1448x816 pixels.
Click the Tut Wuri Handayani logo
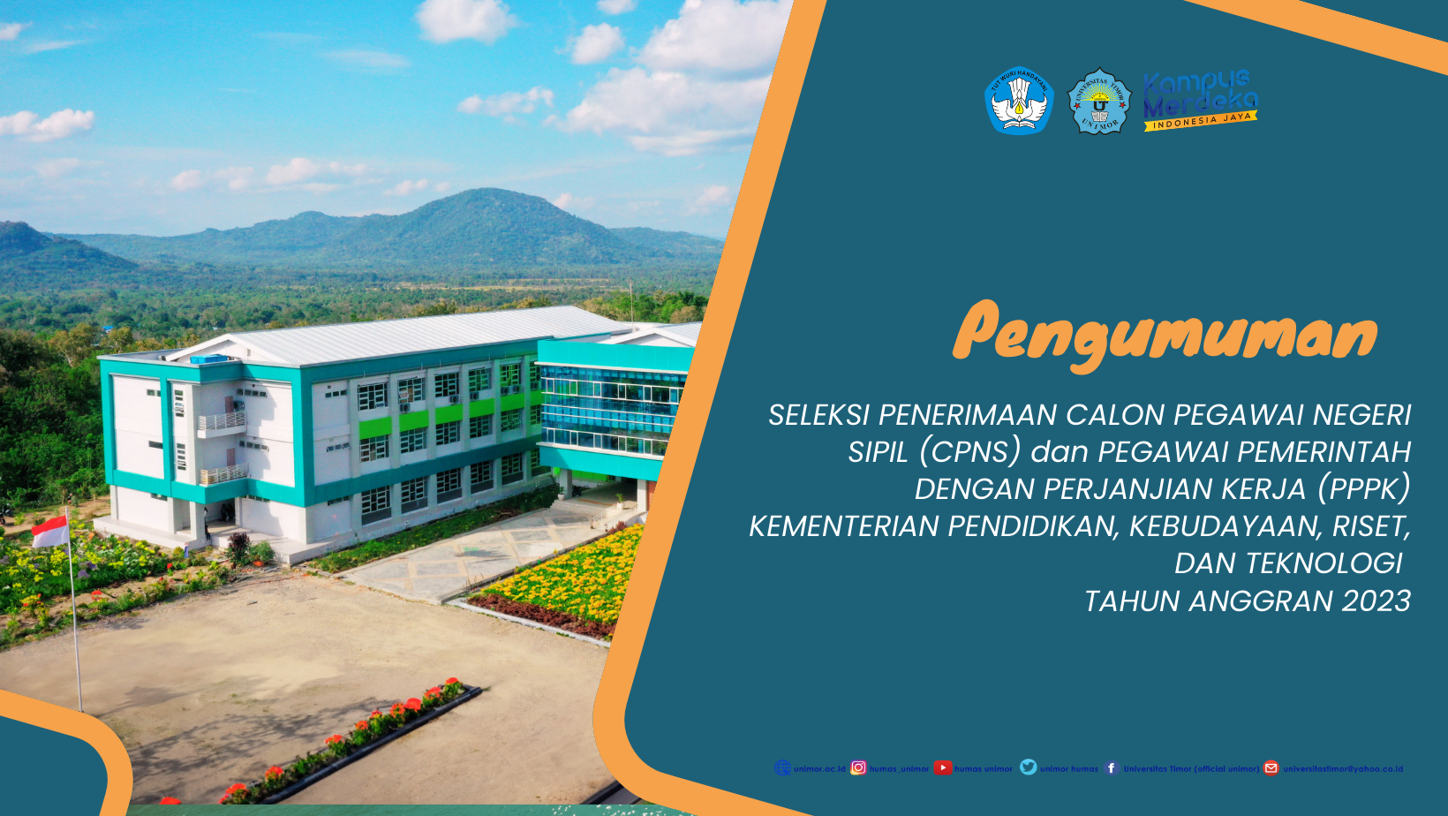pos(1019,100)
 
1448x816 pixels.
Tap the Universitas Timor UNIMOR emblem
pos(1099,102)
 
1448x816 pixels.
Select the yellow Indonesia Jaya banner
pos(1201,121)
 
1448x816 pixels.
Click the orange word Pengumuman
pos(1165,334)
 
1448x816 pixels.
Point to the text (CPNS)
pos(969,452)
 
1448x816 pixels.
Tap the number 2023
pos(1376,601)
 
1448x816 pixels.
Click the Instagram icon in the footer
pos(858,768)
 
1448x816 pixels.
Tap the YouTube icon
pos(943,768)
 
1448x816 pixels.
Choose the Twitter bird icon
pos(1029,767)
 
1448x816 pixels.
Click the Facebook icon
pos(1112,768)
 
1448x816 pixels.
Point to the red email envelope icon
pos(1271,768)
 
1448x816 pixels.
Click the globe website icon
pos(782,768)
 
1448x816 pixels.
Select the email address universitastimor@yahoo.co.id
pos(1343,769)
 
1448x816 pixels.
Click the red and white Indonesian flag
pos(50,531)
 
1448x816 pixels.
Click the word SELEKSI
pos(818,415)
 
